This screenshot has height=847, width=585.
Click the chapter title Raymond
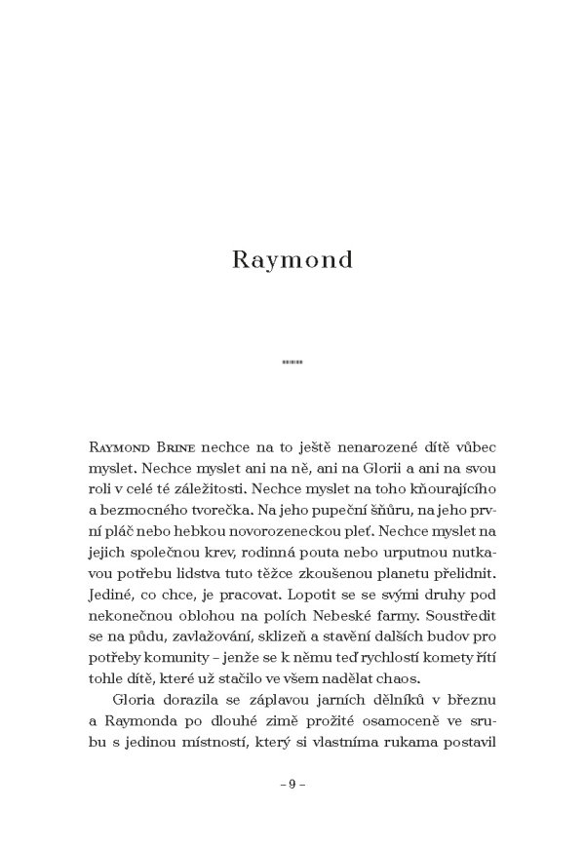pos(292,261)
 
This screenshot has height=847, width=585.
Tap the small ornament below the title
pos(292,364)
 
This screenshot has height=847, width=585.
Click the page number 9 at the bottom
pos(292,784)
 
